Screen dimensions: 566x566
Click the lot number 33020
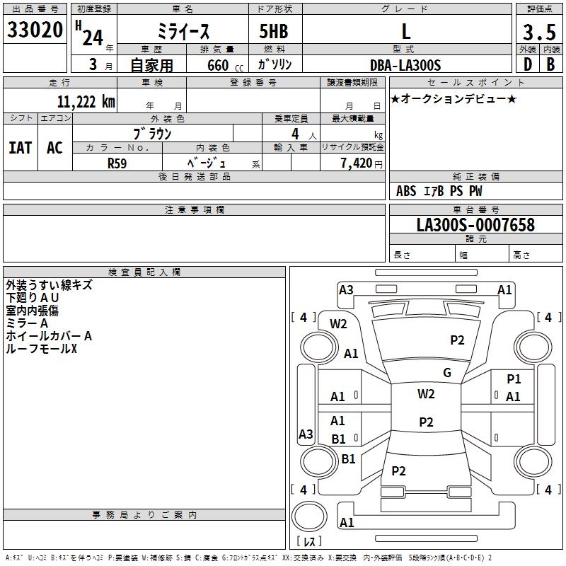point(35,30)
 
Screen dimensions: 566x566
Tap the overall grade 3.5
point(539,32)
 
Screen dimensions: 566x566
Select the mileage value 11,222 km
point(86,102)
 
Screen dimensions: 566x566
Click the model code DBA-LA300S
point(405,65)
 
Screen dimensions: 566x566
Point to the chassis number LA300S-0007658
point(475,224)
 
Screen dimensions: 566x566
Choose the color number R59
point(117,163)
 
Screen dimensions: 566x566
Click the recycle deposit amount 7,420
point(357,163)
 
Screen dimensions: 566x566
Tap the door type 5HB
point(274,31)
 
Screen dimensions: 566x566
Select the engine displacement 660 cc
point(225,65)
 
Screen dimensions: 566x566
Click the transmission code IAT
point(21,148)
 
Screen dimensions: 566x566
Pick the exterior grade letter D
point(528,64)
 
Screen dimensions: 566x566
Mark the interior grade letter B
point(550,64)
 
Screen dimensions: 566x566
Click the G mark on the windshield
point(447,373)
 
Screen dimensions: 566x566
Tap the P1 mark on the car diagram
point(514,379)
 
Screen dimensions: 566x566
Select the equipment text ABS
point(406,191)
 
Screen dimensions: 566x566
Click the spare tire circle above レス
point(309,516)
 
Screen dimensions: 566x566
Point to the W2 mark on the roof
point(426,394)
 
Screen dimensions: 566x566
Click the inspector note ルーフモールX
point(42,349)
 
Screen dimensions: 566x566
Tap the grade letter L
point(406,31)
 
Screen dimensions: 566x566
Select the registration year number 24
point(93,37)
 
